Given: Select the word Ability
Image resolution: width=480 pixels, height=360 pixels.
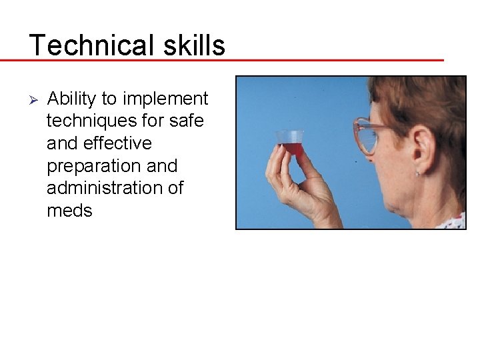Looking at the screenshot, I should pos(71,99).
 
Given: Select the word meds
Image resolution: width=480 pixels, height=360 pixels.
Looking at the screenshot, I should pos(69,211).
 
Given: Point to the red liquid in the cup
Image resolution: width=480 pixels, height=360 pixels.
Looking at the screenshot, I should pos(293,149).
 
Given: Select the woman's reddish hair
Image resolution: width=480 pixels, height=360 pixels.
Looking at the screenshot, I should pos(427,100).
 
